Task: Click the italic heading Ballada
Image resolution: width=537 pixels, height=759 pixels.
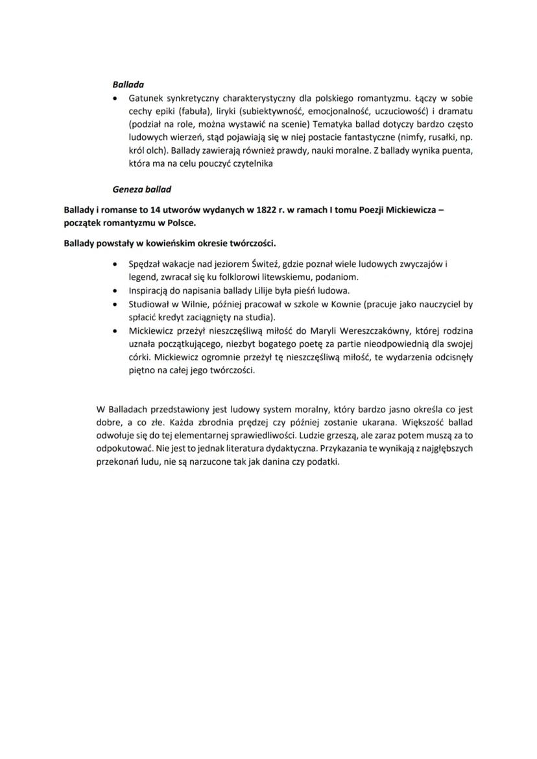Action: pos(128,84)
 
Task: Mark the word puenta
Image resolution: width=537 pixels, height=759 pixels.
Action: pos(458,151)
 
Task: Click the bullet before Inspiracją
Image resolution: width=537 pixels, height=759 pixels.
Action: pos(115,290)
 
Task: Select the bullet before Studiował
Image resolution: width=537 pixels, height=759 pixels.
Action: pos(115,303)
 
